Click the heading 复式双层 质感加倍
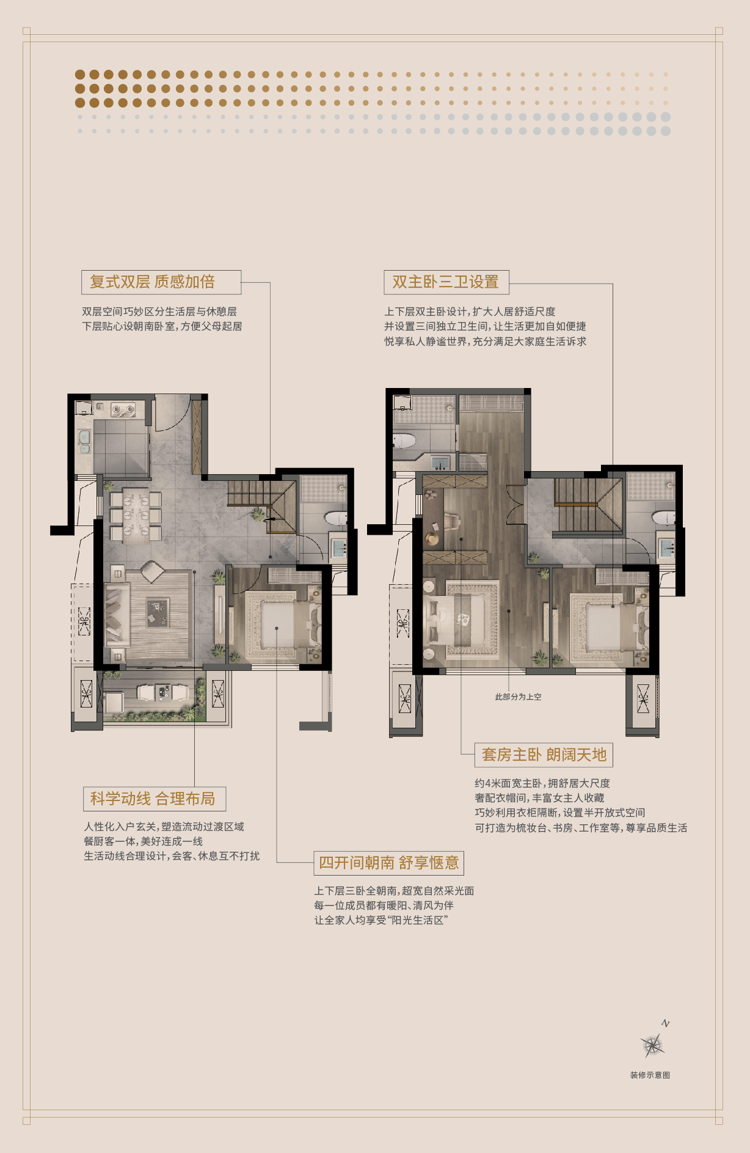coord(153,282)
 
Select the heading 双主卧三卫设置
coord(445,282)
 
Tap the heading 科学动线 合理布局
coord(153,799)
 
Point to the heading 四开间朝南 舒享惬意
coord(389,863)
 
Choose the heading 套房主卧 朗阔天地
coord(544,755)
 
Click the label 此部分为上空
coord(518,697)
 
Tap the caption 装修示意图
coord(650,1075)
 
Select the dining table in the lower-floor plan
coord(136,515)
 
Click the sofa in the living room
coord(116,615)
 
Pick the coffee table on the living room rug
coord(158,613)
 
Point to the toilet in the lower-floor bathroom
coord(336,519)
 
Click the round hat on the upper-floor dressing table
coord(432,539)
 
